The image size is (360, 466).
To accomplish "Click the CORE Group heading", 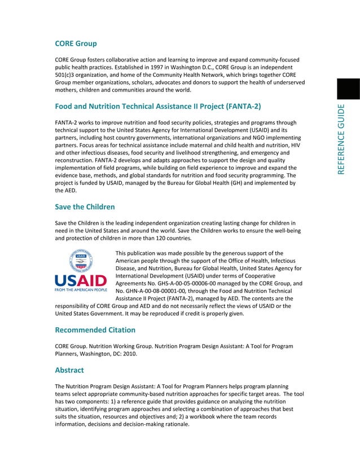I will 76,43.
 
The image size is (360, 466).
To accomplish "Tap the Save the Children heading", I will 85,207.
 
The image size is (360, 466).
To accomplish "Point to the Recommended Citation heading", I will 95,329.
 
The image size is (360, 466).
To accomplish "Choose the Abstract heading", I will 69,370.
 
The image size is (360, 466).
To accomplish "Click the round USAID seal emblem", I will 81,260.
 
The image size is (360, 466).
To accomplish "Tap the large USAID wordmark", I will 80,280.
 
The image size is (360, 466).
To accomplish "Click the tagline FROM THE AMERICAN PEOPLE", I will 80,290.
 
